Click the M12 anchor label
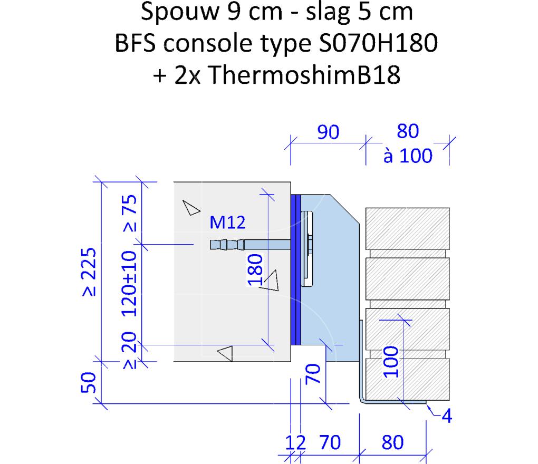[227, 223]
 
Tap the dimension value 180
[255, 270]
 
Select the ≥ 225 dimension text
[89, 272]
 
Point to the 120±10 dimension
[129, 283]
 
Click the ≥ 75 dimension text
[130, 213]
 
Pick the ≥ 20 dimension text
[129, 350]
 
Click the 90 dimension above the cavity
[328, 132]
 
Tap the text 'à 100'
[408, 156]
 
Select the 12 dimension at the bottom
[295, 442]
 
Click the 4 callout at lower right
[446, 416]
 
